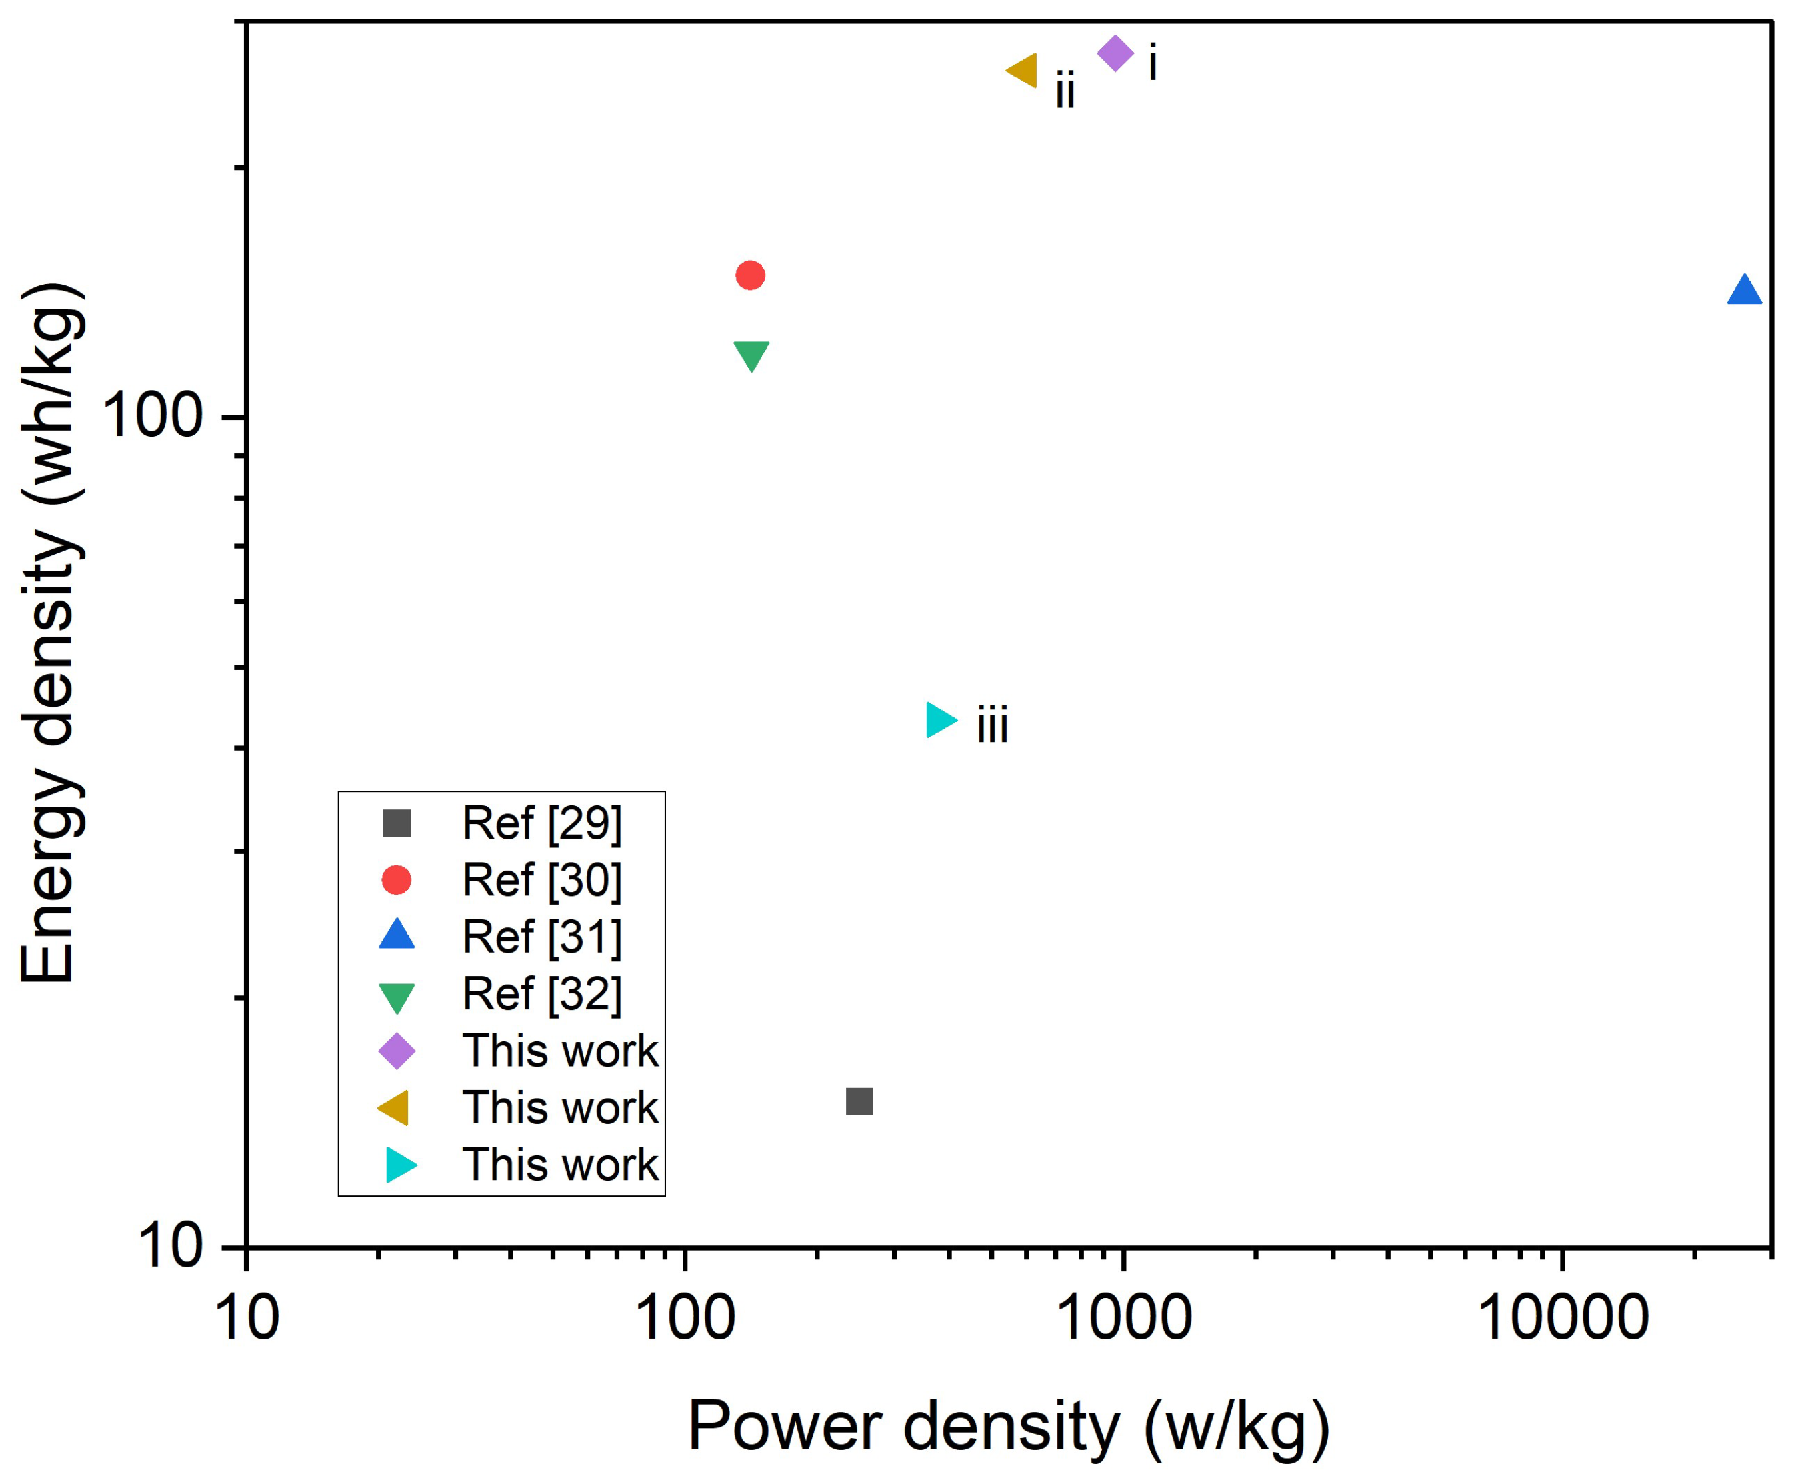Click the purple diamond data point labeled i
click(1115, 54)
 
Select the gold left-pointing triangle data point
click(1024, 70)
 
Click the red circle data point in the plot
click(750, 275)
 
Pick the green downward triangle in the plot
click(751, 355)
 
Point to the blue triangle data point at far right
click(1744, 291)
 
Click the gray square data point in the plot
click(859, 1101)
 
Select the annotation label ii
click(1065, 91)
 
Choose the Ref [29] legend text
click(541, 823)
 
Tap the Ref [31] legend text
click(541, 936)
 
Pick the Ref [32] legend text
click(541, 993)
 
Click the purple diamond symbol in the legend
click(397, 1051)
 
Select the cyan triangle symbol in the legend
click(399, 1164)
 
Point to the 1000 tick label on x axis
click(1123, 1317)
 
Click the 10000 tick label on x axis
click(1562, 1317)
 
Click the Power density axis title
click(1008, 1426)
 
